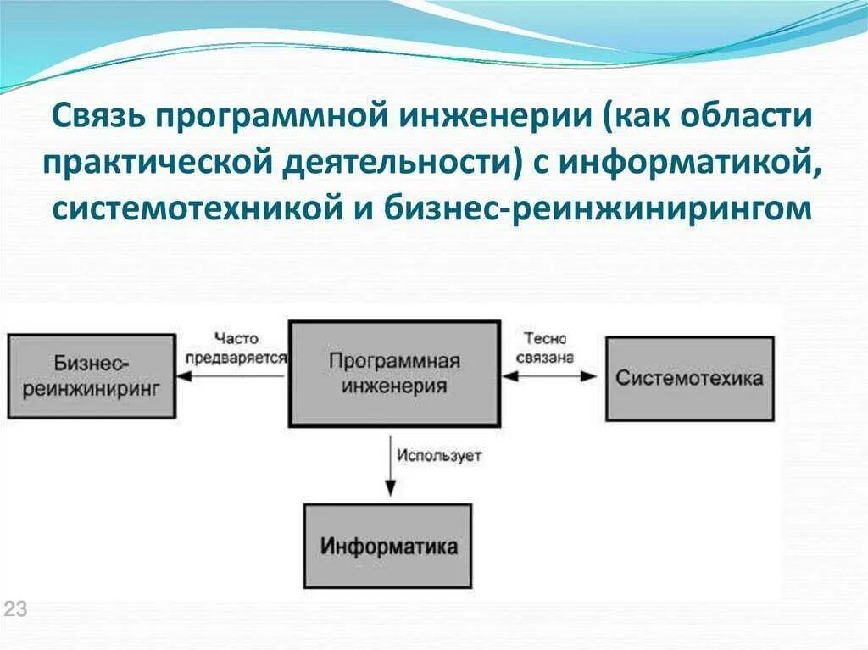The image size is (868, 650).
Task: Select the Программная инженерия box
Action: point(394,373)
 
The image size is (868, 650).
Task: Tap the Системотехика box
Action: point(689,378)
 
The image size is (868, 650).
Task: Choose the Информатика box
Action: point(388,546)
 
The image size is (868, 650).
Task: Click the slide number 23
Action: point(16,608)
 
